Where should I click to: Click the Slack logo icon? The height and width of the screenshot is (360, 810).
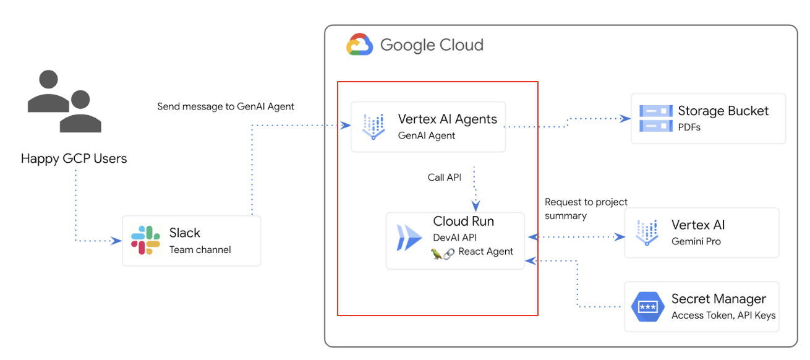(x=146, y=240)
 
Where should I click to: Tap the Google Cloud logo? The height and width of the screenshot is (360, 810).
(x=359, y=45)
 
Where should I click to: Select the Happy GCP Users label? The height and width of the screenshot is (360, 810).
(x=74, y=158)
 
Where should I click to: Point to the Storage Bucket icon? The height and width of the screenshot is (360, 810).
(x=655, y=118)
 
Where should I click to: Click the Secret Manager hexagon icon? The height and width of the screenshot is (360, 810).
(x=647, y=306)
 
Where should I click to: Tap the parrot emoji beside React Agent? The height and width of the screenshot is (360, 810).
(x=437, y=252)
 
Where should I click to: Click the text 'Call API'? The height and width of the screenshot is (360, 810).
(x=444, y=178)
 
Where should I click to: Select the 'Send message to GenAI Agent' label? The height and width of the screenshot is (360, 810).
(x=226, y=106)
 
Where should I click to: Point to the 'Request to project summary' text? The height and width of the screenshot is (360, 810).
(x=586, y=208)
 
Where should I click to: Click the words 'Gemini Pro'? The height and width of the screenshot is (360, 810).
(x=696, y=241)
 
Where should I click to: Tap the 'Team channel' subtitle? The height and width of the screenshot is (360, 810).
(x=200, y=250)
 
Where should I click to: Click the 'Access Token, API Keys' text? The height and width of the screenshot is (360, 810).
(x=723, y=315)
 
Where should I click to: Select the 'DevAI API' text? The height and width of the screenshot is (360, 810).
(x=454, y=238)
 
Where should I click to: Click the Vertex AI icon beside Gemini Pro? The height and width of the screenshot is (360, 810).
(x=647, y=233)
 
